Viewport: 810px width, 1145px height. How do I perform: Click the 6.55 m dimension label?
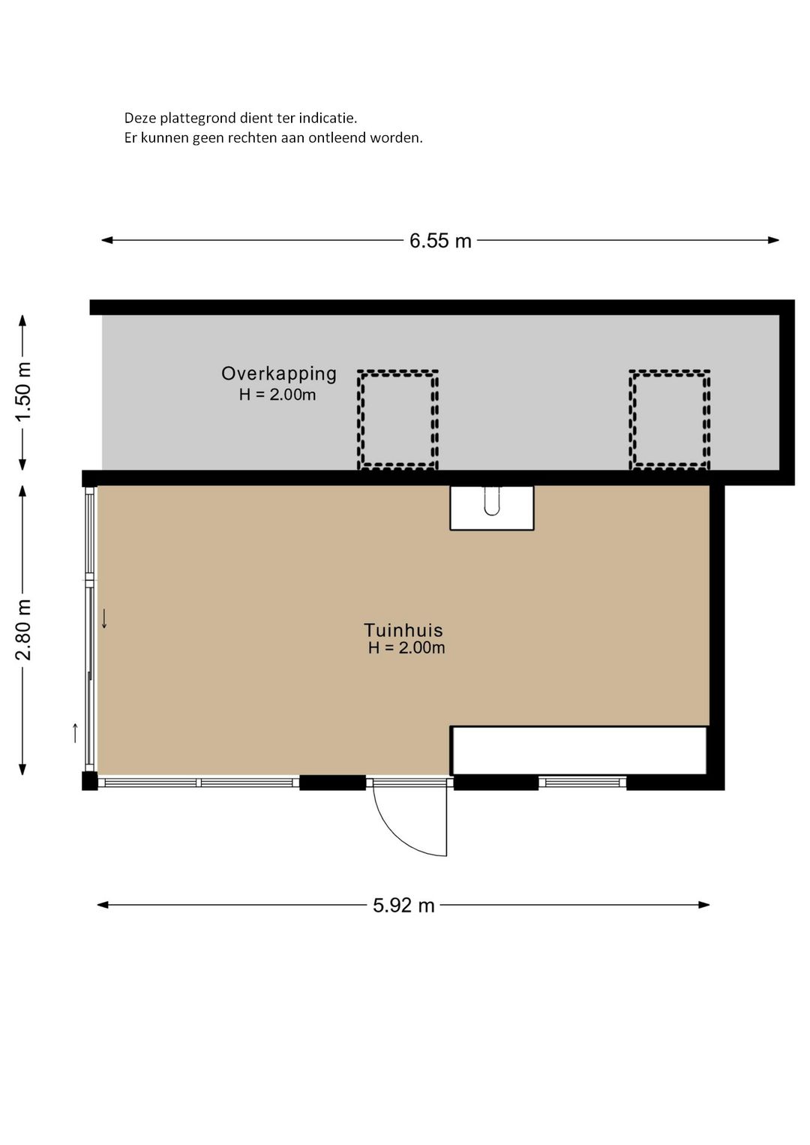click(x=440, y=241)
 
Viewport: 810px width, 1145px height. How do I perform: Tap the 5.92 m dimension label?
click(x=403, y=906)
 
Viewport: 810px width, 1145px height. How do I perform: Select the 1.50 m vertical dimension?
click(x=23, y=392)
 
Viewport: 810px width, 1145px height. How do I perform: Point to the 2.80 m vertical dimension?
click(x=23, y=630)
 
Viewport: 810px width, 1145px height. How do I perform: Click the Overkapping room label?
click(x=278, y=374)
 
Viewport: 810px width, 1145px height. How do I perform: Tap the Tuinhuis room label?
click(x=403, y=630)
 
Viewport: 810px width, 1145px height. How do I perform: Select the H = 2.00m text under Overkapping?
click(x=277, y=395)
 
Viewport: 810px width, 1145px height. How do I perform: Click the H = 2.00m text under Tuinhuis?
click(x=406, y=648)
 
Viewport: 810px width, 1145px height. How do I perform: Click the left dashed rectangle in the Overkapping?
click(x=397, y=419)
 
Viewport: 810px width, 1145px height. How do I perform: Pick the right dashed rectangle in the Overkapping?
click(x=670, y=419)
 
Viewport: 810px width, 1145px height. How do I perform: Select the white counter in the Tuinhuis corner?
click(x=580, y=750)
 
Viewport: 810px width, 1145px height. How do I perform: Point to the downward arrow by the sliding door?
click(x=104, y=618)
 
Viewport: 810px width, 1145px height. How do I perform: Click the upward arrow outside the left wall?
click(x=75, y=732)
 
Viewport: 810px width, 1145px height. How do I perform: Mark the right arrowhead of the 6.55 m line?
click(x=774, y=240)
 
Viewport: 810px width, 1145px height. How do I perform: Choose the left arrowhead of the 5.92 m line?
click(x=103, y=905)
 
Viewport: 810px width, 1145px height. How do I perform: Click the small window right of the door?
click(x=582, y=783)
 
